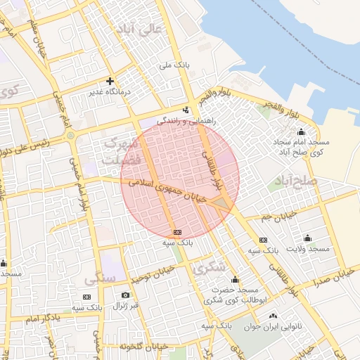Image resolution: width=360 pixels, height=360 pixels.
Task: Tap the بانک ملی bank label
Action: (175, 65)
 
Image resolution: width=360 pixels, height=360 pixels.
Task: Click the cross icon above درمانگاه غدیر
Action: (110, 81)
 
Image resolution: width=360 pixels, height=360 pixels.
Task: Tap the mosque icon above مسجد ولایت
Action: (308, 238)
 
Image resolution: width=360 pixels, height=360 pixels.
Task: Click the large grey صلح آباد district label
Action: (298, 181)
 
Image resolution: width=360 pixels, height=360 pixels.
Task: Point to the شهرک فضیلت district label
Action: (117, 151)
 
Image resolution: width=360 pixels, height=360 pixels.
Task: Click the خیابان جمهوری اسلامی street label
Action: (169, 189)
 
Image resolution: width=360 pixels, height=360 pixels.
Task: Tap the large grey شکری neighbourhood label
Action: (208, 267)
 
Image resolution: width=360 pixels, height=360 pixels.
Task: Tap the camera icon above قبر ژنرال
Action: (125, 295)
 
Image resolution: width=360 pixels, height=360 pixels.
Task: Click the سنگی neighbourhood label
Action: (100, 279)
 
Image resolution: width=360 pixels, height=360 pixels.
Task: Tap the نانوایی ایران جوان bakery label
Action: (276, 327)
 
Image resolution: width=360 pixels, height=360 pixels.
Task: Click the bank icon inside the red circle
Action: (177, 232)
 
